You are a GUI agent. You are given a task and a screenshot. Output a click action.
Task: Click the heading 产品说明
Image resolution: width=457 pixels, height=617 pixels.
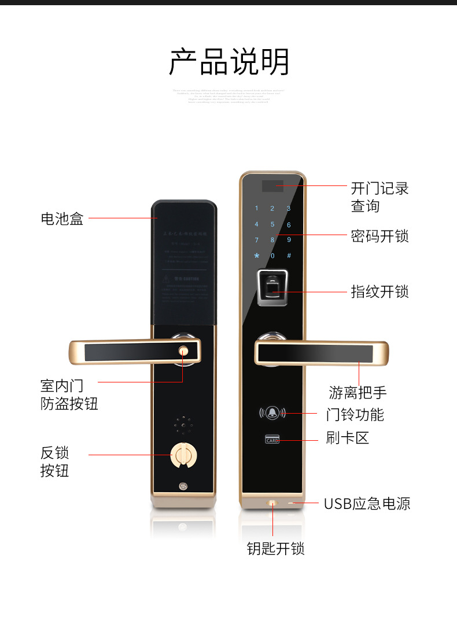pyautogui.click(x=228, y=62)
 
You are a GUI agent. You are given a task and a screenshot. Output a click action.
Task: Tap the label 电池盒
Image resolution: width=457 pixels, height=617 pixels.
pyautogui.click(x=62, y=218)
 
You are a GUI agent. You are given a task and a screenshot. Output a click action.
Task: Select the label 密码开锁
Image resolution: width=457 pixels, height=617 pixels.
pyautogui.click(x=379, y=236)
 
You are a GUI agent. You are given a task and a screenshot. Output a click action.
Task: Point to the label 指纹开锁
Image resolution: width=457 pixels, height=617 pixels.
pyautogui.click(x=379, y=291)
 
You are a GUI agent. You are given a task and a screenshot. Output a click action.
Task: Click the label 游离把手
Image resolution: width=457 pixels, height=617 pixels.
pyautogui.click(x=358, y=393)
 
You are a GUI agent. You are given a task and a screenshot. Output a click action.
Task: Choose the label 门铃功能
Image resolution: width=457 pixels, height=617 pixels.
pyautogui.click(x=355, y=414)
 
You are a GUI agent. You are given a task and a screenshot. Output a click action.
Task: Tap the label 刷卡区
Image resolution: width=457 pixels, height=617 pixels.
pyautogui.click(x=347, y=438)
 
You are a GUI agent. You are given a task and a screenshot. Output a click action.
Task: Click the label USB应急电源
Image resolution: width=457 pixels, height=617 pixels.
pyautogui.click(x=367, y=504)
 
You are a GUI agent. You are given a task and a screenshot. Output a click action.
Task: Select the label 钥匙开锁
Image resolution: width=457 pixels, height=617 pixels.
pyautogui.click(x=275, y=548)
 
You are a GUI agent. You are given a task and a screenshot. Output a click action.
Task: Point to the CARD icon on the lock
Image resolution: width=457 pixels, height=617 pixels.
pyautogui.click(x=272, y=440)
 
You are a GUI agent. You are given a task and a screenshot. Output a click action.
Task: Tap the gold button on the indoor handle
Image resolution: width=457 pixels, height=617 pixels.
pyautogui.click(x=184, y=350)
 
